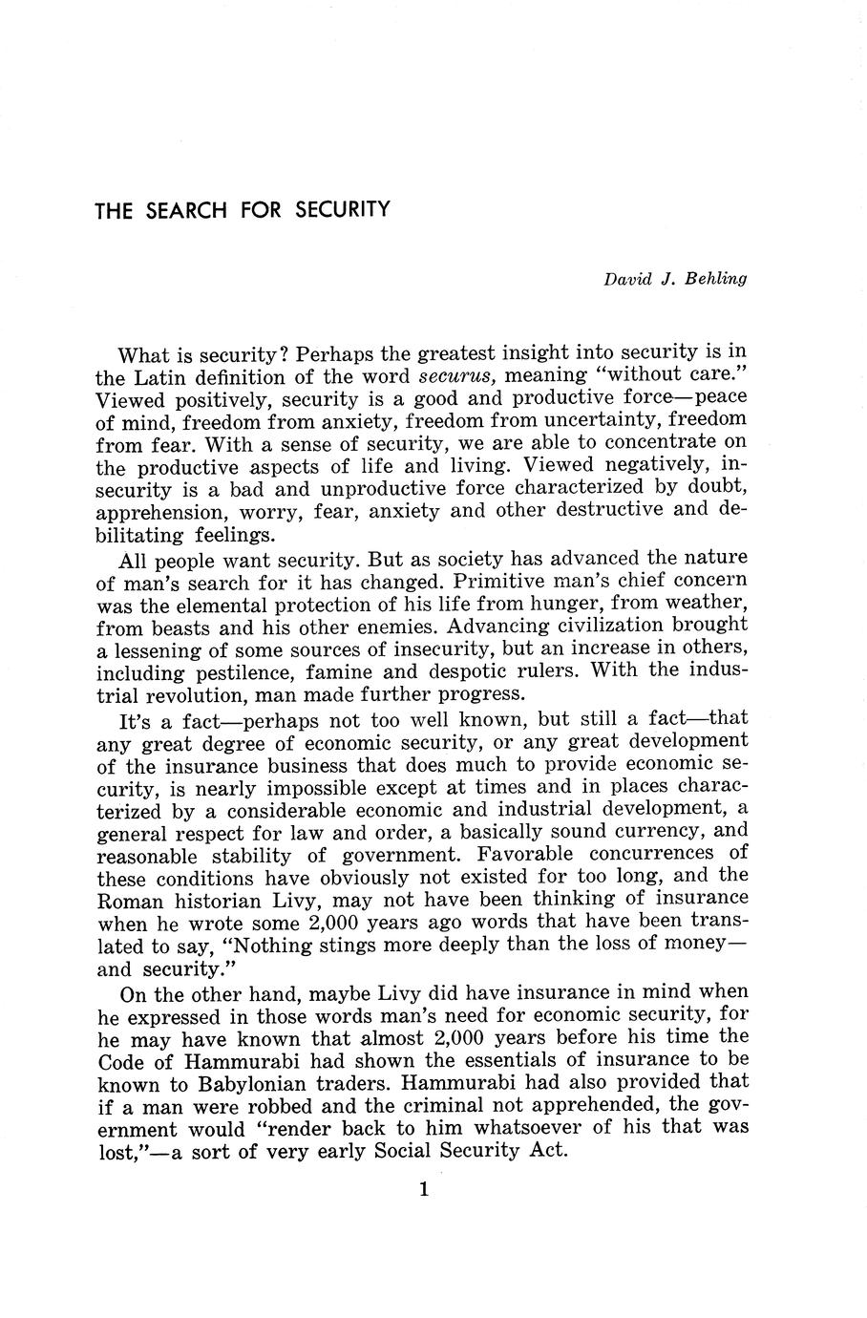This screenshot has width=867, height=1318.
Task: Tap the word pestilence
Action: (x=291, y=670)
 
